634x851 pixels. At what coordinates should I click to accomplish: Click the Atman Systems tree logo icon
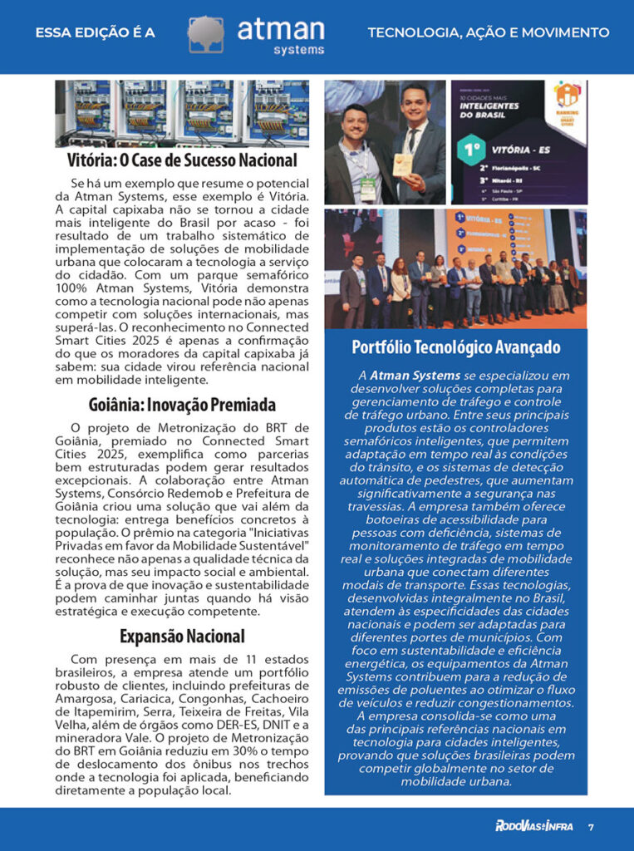tap(205, 35)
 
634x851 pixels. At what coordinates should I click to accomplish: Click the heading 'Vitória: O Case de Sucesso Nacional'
tap(182, 160)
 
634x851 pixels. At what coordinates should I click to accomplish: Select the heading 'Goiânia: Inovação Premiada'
tap(182, 406)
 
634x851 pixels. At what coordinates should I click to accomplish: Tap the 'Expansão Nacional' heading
tap(182, 637)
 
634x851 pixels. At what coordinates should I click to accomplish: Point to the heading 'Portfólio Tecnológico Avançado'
tap(455, 347)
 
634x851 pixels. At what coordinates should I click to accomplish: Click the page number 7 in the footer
tap(591, 827)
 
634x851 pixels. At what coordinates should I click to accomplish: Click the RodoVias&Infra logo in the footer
tap(533, 827)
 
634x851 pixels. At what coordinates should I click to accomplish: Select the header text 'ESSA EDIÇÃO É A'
tap(96, 33)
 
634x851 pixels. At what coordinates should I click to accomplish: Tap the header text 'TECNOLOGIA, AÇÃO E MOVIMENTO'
tap(489, 33)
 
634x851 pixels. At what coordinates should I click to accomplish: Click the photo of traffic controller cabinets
tap(182, 113)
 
